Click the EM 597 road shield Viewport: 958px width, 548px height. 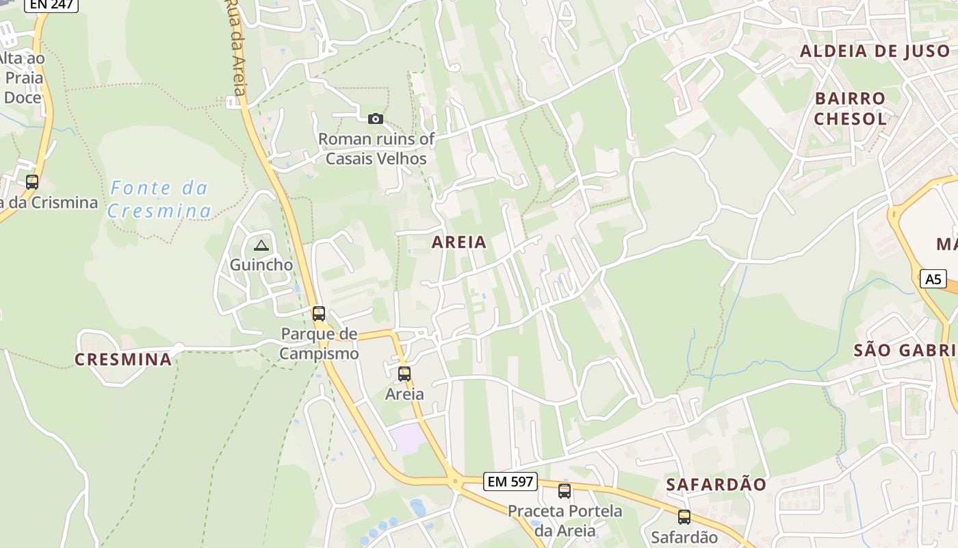pos(510,482)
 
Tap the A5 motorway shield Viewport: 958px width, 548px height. pos(933,279)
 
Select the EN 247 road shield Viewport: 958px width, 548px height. pos(51,5)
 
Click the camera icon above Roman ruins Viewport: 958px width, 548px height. pos(375,119)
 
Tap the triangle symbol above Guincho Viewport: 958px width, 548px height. pos(261,245)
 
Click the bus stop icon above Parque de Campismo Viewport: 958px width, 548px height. pos(319,314)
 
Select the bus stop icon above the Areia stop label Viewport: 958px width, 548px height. pos(404,374)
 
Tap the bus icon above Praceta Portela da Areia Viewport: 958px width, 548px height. pos(565,490)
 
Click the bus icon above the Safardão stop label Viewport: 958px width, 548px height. pos(684,517)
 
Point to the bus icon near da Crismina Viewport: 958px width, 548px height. pos(32,182)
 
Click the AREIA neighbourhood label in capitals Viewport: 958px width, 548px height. pos(459,242)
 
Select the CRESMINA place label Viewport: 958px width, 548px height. pos(123,360)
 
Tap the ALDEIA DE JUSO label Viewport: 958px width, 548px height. pos(875,51)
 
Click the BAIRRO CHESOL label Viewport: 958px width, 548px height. pos(850,108)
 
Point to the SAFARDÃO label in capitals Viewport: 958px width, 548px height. pos(716,484)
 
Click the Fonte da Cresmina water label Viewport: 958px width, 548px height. pos(159,199)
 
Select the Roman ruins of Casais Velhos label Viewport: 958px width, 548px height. pos(376,149)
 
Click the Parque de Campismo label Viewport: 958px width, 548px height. pos(319,344)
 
